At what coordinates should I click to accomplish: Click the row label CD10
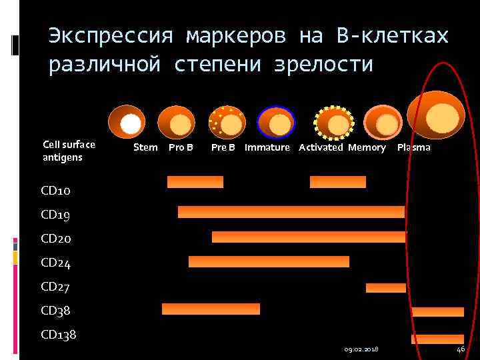55,191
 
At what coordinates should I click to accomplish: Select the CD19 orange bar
291,212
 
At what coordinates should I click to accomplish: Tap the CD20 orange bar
308,237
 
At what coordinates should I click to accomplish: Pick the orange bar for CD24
269,261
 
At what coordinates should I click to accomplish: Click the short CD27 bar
385,287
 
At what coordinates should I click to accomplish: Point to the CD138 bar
437,339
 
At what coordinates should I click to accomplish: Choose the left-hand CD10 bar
195,181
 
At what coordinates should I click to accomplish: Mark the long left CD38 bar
211,309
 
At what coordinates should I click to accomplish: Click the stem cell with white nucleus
127,122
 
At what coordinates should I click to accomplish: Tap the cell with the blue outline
275,122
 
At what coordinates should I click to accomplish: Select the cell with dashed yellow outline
334,122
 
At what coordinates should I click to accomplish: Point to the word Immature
267,147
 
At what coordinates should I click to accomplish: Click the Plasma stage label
413,147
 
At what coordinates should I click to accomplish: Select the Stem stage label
145,147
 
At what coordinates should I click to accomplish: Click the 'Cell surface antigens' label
69,151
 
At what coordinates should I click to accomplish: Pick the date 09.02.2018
362,350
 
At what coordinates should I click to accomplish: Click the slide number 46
461,350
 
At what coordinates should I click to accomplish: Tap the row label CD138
59,335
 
